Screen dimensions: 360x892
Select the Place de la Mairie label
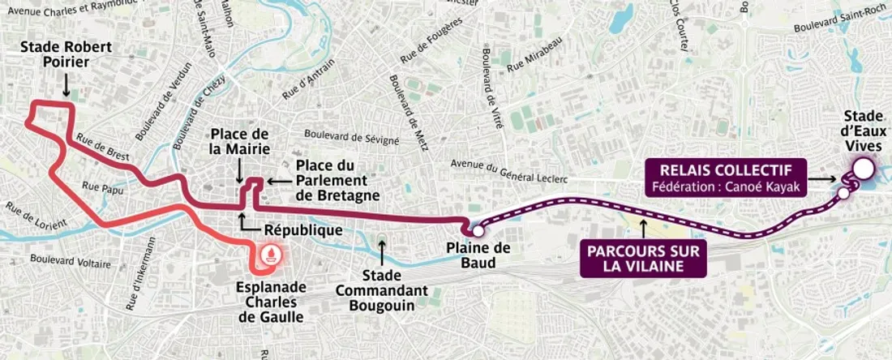pos(238,141)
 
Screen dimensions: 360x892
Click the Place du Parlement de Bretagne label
pos(331,180)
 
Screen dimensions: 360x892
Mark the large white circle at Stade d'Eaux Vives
pos(862,169)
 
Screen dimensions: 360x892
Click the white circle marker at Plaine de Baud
pos(478,231)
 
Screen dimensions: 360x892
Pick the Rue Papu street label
pos(102,189)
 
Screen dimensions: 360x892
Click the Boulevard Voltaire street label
pos(70,263)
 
